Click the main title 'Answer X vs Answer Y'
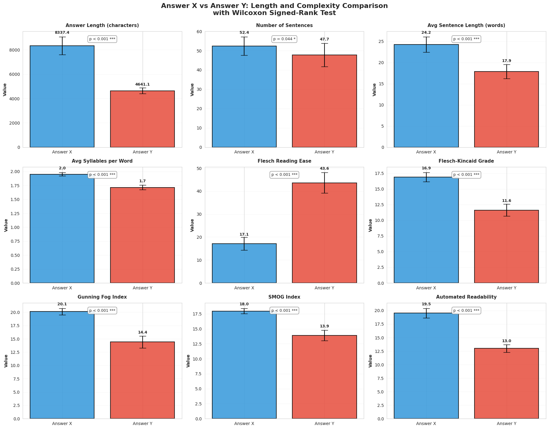pos(274,6)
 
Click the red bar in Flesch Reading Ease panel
pos(324,233)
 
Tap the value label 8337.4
pos(62,33)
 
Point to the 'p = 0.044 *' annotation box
pos(284,39)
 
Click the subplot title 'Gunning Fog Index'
pos(102,297)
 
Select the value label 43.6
pos(324,168)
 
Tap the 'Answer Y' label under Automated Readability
pos(506,424)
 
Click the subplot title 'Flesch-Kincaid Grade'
pos(466,161)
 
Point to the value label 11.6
pos(506,201)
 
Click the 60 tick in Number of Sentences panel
pos(200,32)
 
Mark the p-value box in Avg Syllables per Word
pos(102,175)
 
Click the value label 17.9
pos(506,61)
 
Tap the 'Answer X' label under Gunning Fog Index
pos(62,424)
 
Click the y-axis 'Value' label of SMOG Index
pos(188,361)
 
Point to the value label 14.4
pos(142,332)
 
